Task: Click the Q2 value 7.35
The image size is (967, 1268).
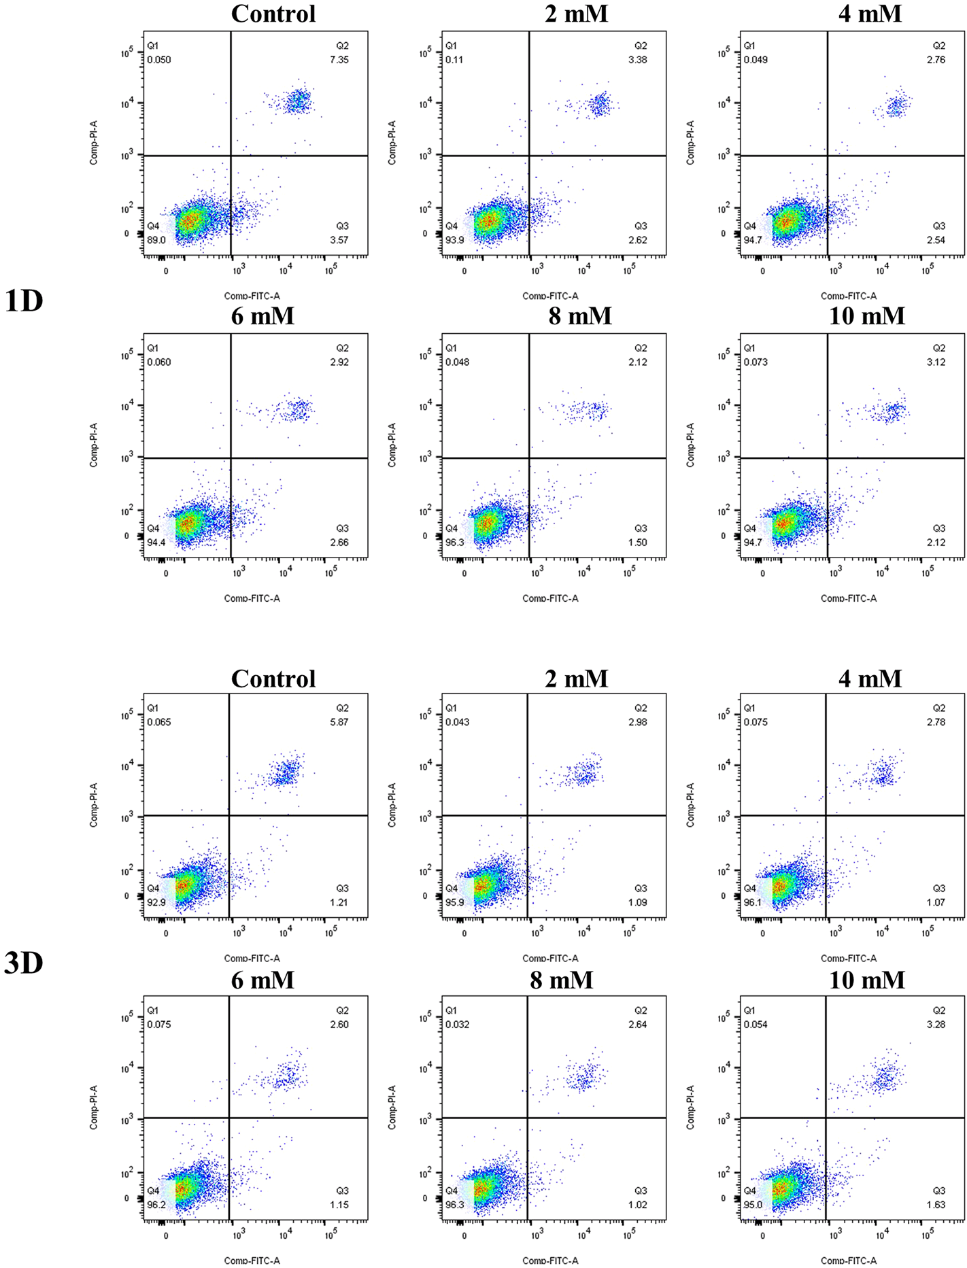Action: pyautogui.click(x=339, y=60)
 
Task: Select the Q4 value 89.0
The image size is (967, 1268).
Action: pyautogui.click(x=156, y=240)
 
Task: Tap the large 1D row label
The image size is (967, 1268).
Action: pyautogui.click(x=24, y=301)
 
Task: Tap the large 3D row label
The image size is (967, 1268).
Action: pyautogui.click(x=24, y=963)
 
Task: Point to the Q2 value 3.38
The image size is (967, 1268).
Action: pyautogui.click(x=637, y=60)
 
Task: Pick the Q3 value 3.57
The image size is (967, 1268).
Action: pyautogui.click(x=339, y=240)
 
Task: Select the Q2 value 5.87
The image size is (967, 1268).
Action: pyautogui.click(x=339, y=722)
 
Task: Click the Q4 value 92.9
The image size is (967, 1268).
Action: pyautogui.click(x=156, y=902)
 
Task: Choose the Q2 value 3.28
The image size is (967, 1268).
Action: pyautogui.click(x=936, y=1025)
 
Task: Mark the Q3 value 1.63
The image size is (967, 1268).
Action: pyautogui.click(x=936, y=1205)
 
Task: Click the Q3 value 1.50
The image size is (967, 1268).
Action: pyautogui.click(x=637, y=543)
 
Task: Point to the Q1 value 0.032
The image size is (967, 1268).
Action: pyautogui.click(x=457, y=1025)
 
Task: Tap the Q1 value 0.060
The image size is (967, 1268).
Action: pyautogui.click(x=159, y=362)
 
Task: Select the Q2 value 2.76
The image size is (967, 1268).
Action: pyautogui.click(x=936, y=60)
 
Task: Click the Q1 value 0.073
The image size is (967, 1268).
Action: pyautogui.click(x=756, y=362)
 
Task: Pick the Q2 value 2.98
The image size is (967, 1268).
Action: pyautogui.click(x=637, y=722)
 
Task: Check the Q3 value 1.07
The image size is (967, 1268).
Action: pyautogui.click(x=936, y=902)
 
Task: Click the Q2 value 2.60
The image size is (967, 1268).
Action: pyautogui.click(x=339, y=1025)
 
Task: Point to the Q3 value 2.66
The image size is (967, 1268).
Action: pyautogui.click(x=339, y=543)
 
